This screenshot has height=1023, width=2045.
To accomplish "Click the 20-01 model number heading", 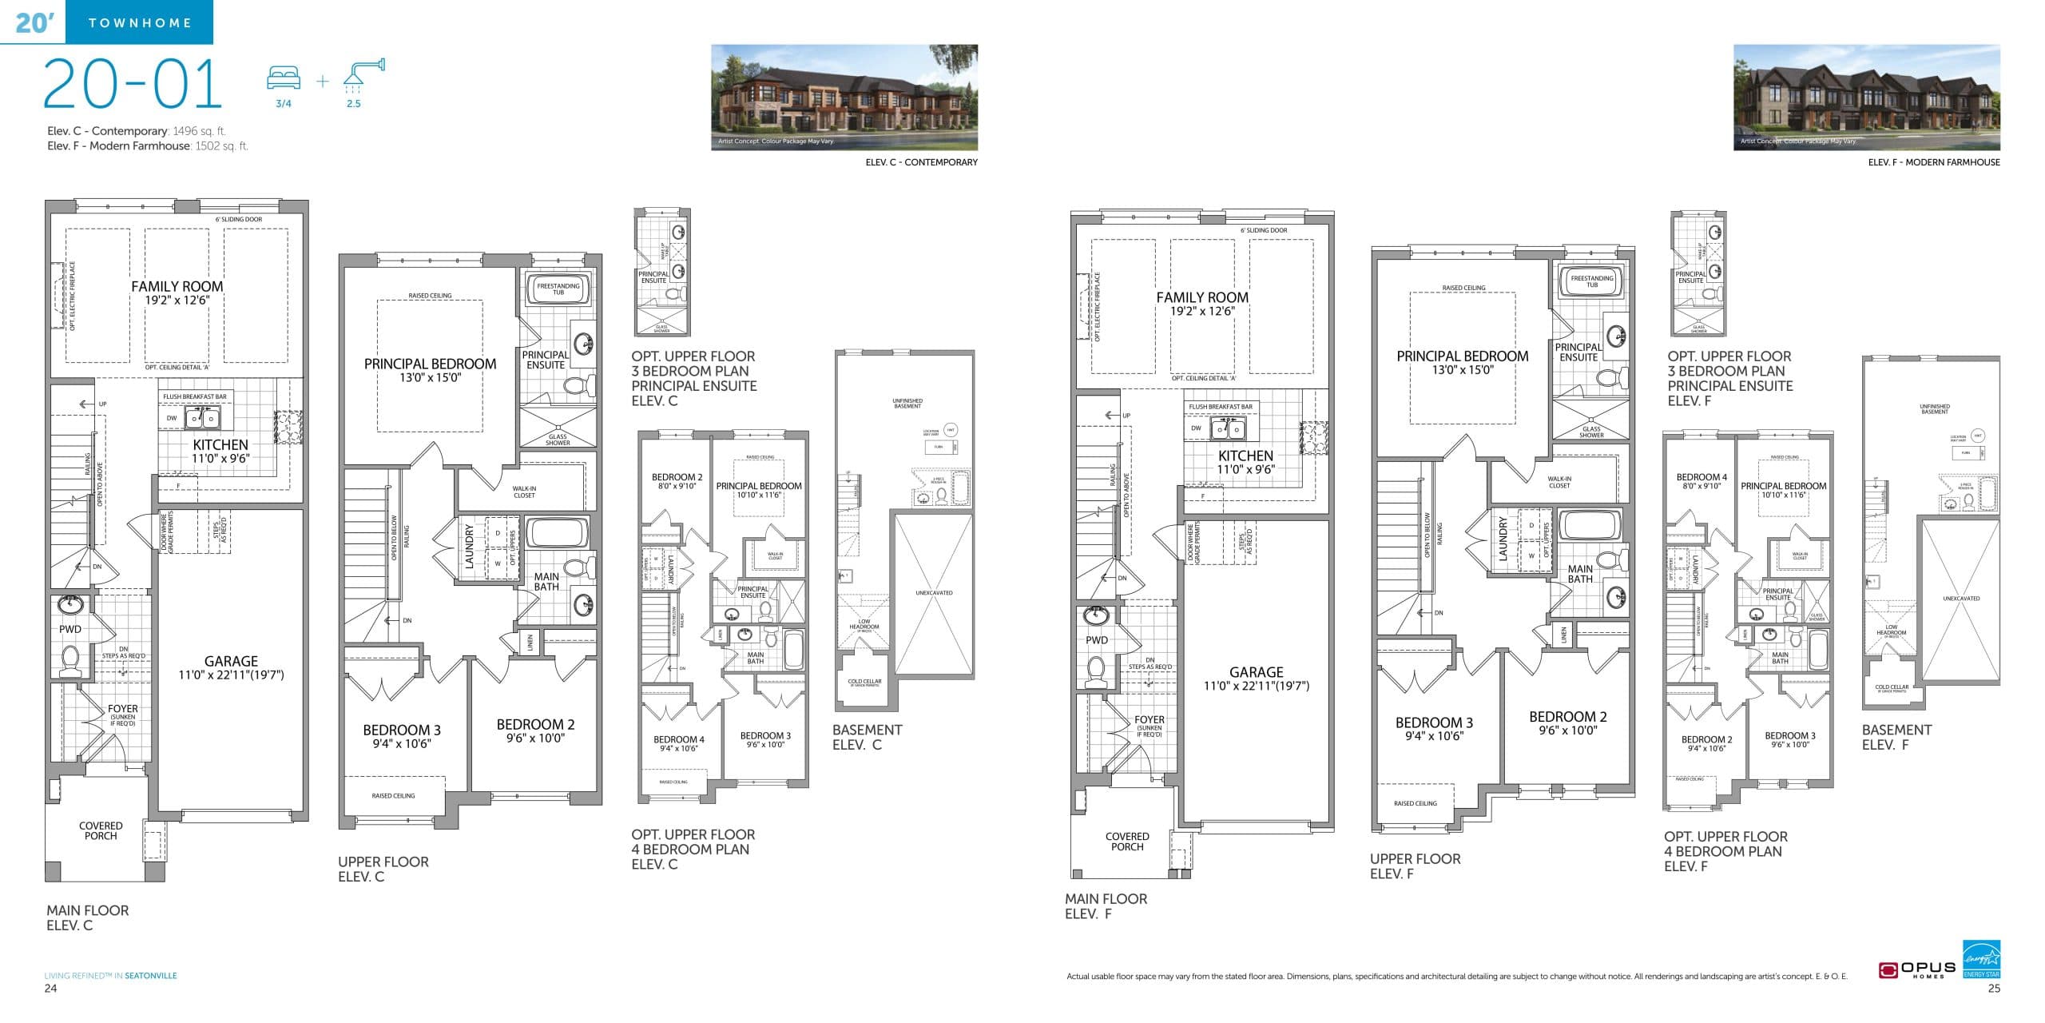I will pos(133,85).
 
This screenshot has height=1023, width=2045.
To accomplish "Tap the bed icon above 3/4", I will pos(284,78).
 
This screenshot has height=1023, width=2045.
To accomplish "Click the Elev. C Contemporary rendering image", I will pos(844,97).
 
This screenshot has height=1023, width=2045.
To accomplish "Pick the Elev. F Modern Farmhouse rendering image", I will pos(1866,97).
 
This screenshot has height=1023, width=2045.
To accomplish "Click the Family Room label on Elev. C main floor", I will pos(177,287).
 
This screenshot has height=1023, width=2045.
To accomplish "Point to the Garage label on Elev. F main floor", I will pos(1256,672).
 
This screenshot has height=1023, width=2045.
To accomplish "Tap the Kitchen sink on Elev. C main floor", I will pos(201,418).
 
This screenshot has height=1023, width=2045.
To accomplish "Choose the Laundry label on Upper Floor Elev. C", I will pos(470,547).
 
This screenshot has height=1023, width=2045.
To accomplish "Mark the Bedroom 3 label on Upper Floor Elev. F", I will pos(1434,722).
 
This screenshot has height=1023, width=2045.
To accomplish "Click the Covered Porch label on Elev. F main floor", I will pos(1127,842).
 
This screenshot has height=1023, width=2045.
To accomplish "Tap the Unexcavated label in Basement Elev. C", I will pos(934,593).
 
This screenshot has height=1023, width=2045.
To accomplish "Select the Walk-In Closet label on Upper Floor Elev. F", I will pos(1559,482).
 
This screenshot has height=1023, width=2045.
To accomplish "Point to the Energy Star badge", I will pos(1981,958).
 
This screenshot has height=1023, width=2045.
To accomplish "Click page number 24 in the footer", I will pos(50,989).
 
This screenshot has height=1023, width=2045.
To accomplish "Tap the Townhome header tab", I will pos(140,22).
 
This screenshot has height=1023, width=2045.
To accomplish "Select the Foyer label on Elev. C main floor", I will pos(123,709).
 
